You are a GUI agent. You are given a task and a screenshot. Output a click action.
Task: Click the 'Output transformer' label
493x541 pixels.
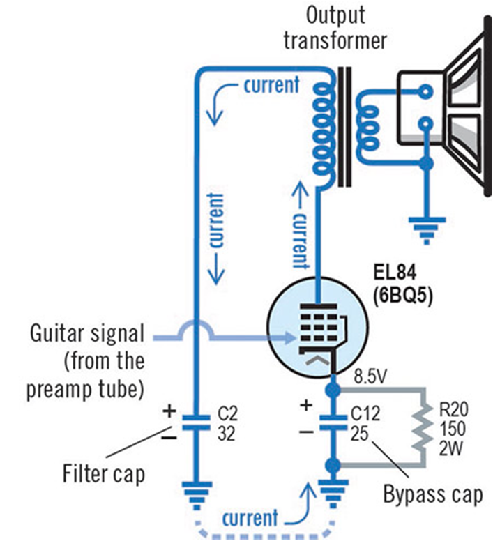point(335,29)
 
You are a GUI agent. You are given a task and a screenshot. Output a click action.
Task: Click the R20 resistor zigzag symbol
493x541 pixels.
point(424,428)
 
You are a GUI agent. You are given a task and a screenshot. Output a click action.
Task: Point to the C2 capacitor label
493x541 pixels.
point(228,413)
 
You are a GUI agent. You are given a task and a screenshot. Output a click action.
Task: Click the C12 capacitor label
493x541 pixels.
point(365,413)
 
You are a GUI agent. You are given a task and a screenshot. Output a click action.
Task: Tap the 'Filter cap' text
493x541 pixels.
point(103,475)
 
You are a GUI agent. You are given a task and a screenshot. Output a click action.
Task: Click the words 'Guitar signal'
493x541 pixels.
point(86,333)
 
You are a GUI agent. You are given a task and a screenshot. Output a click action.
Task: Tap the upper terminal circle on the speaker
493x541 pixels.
point(427,92)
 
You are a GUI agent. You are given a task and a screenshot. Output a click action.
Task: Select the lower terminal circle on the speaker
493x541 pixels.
point(427,123)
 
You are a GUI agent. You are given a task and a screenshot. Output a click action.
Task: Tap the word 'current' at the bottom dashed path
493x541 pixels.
point(250,518)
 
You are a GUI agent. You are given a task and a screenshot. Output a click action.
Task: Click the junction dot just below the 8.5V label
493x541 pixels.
point(333,390)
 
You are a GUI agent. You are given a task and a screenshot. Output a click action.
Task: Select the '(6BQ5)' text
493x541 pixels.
point(402,296)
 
